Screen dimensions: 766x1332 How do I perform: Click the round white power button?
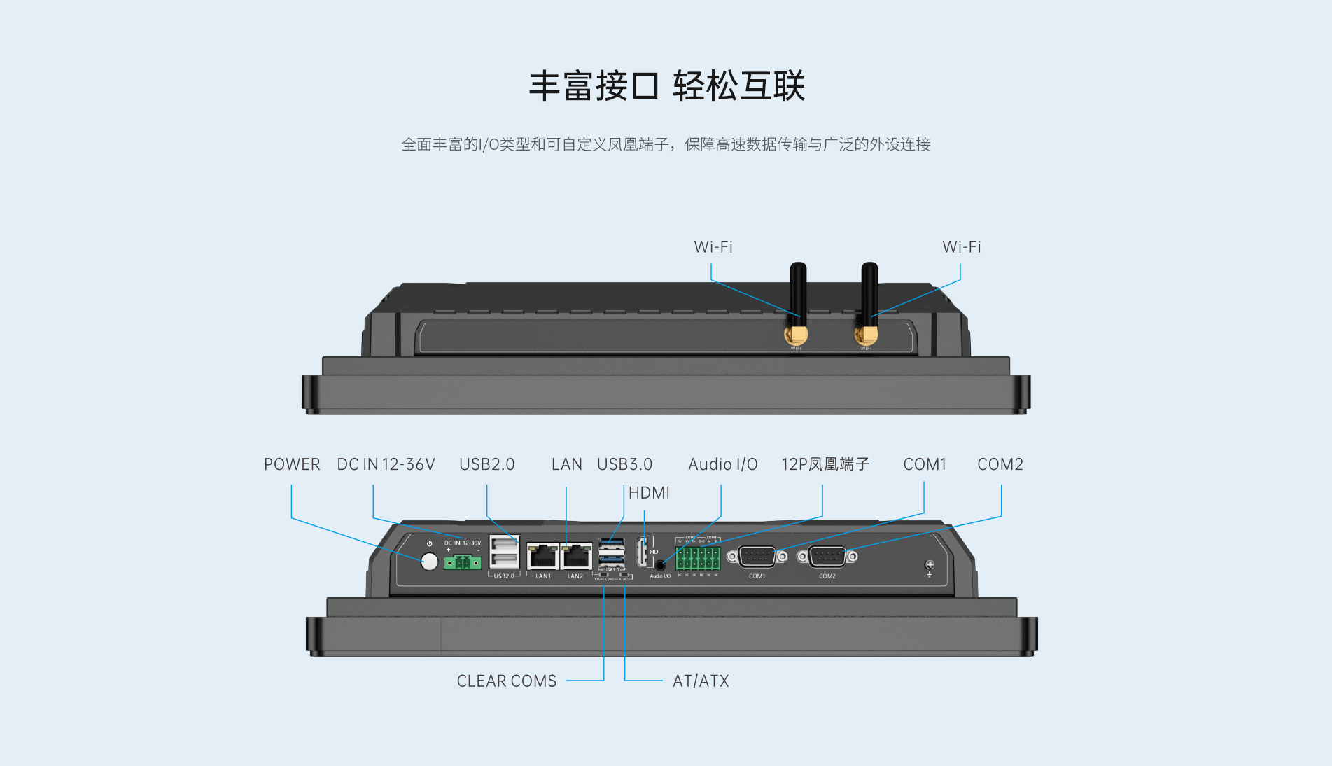click(429, 562)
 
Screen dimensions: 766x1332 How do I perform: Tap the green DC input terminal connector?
click(462, 562)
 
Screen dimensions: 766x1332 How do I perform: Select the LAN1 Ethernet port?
click(542, 557)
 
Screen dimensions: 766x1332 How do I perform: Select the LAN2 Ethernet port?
click(576, 557)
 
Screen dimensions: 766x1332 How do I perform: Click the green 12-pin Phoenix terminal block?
click(698, 558)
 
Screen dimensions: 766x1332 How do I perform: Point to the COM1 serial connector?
click(757, 557)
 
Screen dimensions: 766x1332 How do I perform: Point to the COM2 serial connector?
click(827, 557)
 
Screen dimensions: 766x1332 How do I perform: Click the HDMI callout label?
click(649, 493)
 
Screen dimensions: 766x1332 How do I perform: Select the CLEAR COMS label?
click(506, 681)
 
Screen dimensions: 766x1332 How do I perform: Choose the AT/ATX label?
click(701, 681)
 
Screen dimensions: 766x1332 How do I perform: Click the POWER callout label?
click(292, 464)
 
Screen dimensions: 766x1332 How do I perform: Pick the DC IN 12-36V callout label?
click(386, 464)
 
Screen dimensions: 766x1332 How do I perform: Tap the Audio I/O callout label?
click(722, 464)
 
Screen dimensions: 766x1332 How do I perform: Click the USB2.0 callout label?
click(486, 464)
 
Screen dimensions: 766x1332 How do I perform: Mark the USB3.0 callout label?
click(624, 464)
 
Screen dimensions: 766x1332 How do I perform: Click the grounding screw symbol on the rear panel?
click(930, 565)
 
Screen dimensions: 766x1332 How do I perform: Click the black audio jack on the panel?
click(659, 565)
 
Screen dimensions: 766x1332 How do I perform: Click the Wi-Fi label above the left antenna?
click(713, 247)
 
